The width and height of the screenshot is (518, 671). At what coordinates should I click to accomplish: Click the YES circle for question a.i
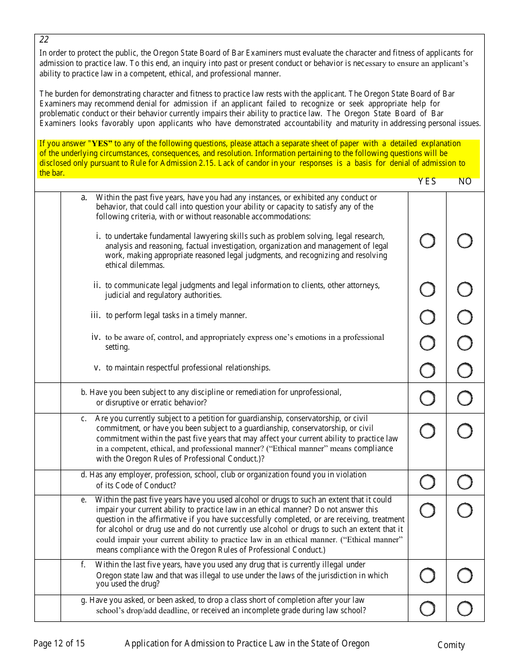coord(427,241)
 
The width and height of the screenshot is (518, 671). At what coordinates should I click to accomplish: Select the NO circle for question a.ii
coord(465,289)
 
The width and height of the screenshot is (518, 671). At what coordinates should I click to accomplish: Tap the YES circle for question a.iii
coord(427,317)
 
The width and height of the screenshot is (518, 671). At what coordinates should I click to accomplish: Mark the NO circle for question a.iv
coord(465,343)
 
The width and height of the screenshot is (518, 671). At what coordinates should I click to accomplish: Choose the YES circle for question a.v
coord(427,370)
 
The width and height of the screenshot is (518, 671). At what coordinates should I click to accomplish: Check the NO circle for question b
coord(465,398)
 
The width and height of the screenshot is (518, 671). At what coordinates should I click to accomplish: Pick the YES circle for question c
coord(427,431)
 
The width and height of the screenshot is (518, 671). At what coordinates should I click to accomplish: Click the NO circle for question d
coord(465,482)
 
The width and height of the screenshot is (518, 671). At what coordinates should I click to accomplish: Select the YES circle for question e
coord(427,510)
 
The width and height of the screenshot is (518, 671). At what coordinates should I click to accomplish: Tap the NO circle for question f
coord(465,576)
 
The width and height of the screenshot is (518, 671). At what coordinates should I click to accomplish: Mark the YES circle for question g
coord(427,608)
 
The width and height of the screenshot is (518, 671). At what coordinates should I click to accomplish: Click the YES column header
coord(427,182)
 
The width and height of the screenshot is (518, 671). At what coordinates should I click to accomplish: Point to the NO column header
coord(465,182)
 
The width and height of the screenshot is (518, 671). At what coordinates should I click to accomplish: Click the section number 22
coord(44,40)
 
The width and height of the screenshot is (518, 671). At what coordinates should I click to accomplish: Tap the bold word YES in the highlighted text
coord(101,144)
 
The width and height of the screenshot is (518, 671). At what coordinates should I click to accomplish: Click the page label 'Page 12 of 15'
coord(59,644)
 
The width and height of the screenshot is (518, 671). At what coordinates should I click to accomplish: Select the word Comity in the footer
coord(451,645)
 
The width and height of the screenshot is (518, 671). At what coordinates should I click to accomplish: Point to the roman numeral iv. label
coord(96,337)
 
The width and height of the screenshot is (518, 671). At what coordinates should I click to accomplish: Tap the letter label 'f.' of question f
coord(83,565)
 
